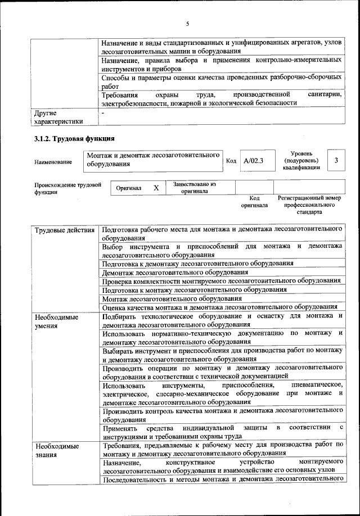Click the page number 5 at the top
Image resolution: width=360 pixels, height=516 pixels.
[x=188, y=23]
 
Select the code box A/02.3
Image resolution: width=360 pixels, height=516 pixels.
[x=254, y=160]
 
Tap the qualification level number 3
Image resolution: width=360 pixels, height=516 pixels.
[x=336, y=160]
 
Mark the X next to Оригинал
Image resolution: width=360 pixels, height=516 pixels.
[x=156, y=188]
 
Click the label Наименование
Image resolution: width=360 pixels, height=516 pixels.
[x=53, y=162]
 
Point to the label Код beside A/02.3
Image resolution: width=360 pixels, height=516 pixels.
[x=231, y=161]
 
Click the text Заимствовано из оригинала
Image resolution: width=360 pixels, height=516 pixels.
[x=195, y=187]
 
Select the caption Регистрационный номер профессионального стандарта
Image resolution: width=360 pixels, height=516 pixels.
[x=309, y=206]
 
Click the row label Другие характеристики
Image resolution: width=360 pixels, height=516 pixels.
[x=58, y=116]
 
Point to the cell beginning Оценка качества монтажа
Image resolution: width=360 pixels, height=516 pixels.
[x=220, y=307]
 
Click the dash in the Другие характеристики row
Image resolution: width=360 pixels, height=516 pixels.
[x=103, y=112]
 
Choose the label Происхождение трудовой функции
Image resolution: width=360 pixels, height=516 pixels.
[x=67, y=188]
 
